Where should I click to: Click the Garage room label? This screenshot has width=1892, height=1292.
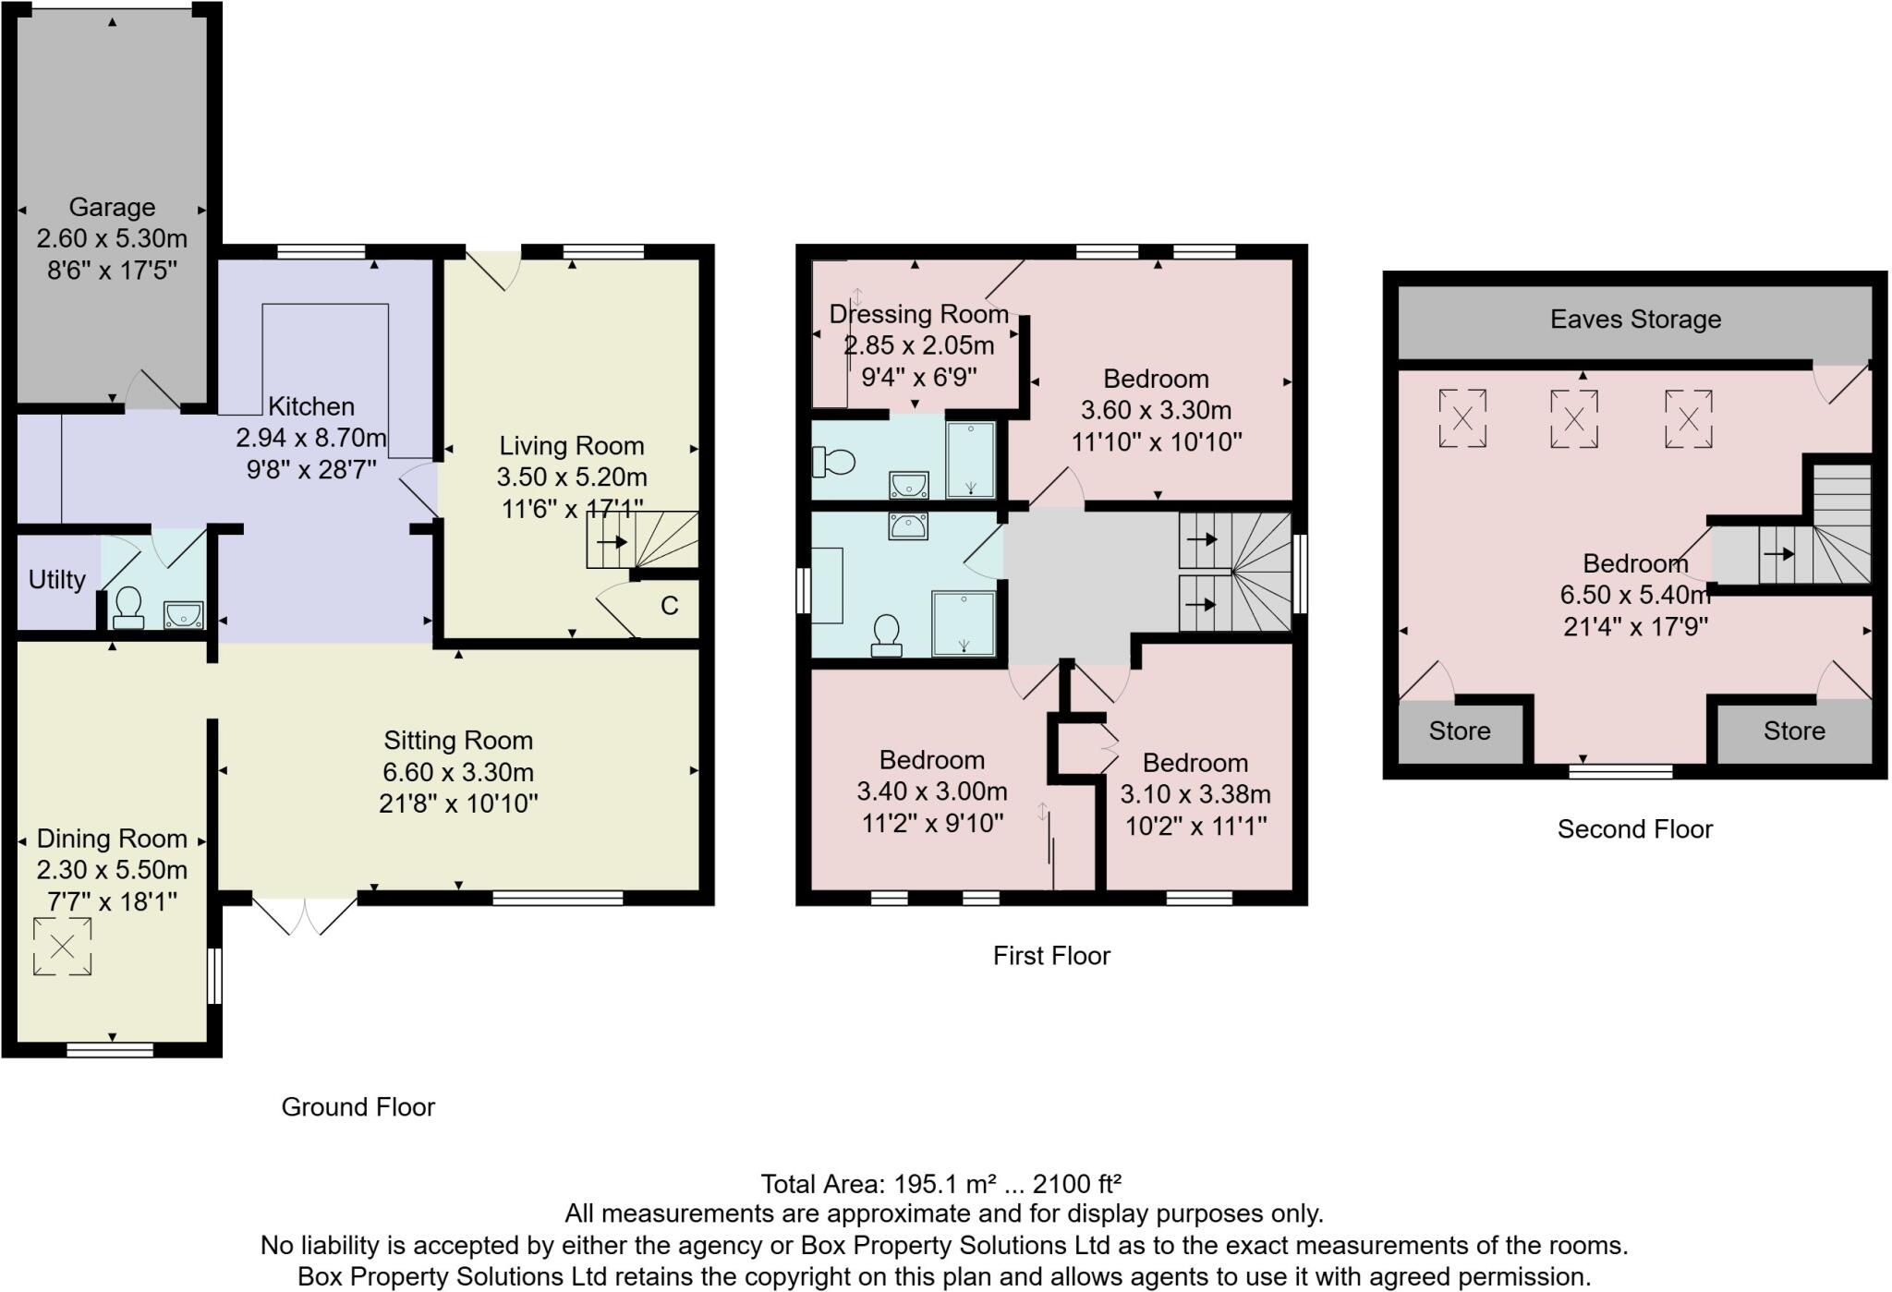coord(112,207)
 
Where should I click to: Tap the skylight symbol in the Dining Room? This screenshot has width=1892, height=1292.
coord(63,946)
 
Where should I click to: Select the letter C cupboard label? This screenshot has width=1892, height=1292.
coord(670,606)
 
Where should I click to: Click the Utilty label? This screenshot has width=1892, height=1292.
coord(56,580)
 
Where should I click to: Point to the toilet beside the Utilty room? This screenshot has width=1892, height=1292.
coord(127,608)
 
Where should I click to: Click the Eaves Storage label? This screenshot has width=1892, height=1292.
coord(1635,320)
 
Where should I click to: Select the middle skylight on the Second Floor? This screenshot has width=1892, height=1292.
coord(1573,419)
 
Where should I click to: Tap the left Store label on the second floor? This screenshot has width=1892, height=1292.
coord(1460,731)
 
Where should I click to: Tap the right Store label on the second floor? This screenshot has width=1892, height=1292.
coord(1794,731)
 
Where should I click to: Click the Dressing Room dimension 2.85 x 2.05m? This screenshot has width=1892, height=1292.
coord(919,345)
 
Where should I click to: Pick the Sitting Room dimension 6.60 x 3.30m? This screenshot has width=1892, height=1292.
coord(458,772)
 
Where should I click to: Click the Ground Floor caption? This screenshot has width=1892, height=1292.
coord(358,1107)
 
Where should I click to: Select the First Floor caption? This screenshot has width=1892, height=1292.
coord(1051,956)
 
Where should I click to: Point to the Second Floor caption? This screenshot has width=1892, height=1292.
coord(1634,829)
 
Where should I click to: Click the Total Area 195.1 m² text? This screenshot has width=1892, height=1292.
coord(940,1184)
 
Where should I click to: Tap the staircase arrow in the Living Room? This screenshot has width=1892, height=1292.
coord(612,542)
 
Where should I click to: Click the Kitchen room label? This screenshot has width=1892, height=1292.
coord(311,406)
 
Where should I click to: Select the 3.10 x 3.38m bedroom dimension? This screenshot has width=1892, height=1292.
coord(1195,794)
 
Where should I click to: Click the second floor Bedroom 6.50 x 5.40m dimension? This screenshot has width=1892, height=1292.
coord(1635,595)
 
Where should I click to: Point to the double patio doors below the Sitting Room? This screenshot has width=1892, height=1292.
coord(304,914)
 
